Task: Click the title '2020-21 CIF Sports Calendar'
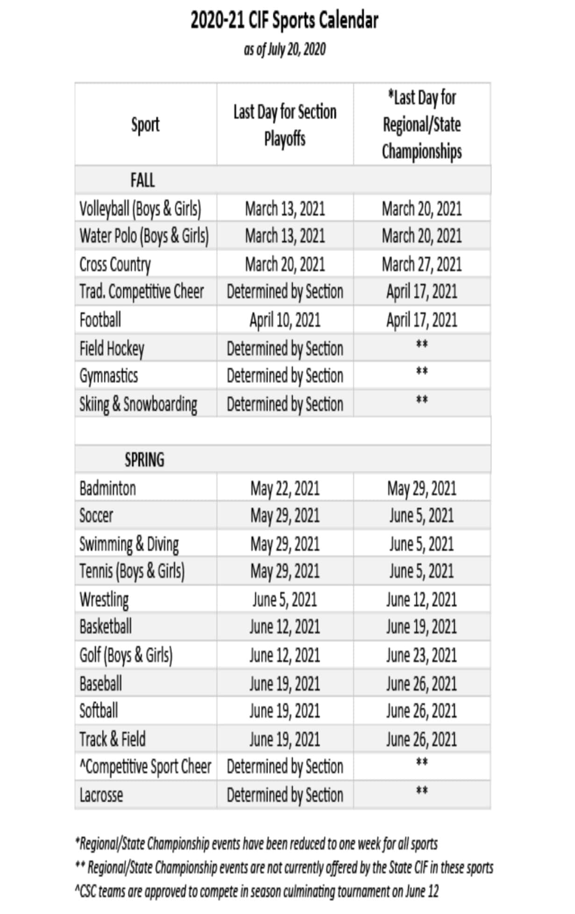(x=284, y=21)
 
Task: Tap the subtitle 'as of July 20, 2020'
(x=284, y=49)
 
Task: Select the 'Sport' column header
(x=145, y=125)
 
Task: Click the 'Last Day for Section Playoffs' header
(x=285, y=125)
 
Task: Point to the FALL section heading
(x=142, y=180)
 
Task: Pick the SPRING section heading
(x=144, y=460)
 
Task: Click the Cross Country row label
(x=115, y=264)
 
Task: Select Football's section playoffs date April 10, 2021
(x=285, y=320)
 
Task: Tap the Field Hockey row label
(x=112, y=349)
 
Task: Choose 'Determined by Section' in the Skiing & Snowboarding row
(x=285, y=404)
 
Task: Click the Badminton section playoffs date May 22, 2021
(x=285, y=489)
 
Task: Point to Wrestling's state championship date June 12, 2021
(x=421, y=600)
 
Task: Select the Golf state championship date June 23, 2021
(x=421, y=655)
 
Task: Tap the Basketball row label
(x=106, y=627)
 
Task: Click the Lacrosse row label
(x=101, y=795)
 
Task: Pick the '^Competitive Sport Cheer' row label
(x=145, y=767)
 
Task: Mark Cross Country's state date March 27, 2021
(x=422, y=264)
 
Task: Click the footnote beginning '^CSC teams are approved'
(x=256, y=892)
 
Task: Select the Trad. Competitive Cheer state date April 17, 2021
(x=422, y=292)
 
